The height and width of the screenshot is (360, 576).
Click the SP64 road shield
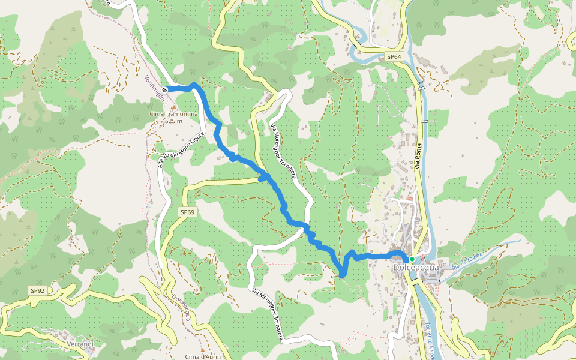point(393,56)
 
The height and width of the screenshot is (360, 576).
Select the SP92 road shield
point(37,291)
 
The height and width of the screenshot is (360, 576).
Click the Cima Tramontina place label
point(173,114)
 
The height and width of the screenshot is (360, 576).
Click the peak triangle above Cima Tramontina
point(173,107)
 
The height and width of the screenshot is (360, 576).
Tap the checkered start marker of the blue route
point(165,89)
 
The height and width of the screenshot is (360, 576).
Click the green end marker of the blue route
point(412,259)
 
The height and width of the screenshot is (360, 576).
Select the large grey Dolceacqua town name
point(414,268)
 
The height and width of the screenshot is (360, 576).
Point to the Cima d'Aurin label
point(202,356)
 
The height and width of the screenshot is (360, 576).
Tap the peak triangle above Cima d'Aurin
point(202,349)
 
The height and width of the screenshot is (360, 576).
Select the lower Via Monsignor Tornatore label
point(268,315)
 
